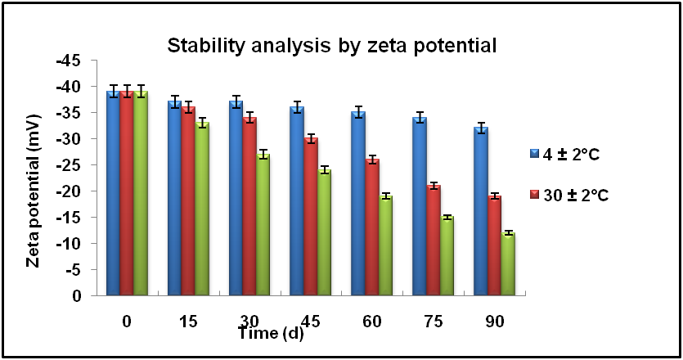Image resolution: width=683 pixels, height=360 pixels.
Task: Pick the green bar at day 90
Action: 509,263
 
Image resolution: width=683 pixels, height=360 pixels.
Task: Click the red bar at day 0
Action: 127,193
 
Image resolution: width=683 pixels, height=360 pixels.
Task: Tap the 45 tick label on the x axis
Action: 311,322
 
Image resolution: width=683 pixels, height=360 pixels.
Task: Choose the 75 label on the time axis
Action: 434,322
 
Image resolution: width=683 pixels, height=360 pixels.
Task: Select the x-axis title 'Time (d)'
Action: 271,333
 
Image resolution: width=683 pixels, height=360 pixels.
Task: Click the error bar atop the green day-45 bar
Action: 324,170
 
